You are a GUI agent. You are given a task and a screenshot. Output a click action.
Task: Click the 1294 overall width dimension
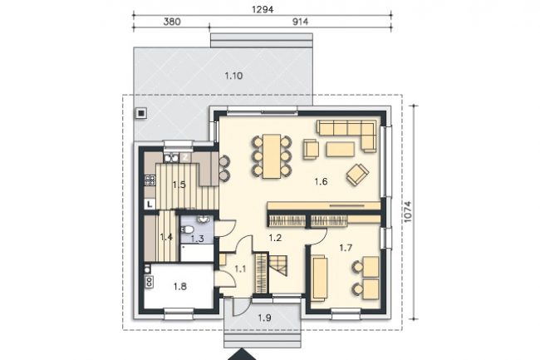click(263, 9)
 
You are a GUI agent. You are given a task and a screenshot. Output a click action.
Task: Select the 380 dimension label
click(172, 22)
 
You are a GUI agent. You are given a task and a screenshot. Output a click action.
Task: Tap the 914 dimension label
click(300, 22)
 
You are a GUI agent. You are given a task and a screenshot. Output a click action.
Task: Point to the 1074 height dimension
click(407, 211)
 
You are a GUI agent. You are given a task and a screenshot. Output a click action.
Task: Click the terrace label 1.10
click(233, 76)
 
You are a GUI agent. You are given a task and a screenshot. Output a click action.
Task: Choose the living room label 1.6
click(321, 181)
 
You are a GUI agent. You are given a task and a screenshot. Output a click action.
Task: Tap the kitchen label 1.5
click(179, 185)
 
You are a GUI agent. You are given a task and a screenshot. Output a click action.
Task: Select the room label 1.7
click(346, 248)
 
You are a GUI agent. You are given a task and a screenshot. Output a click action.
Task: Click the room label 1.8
click(179, 286)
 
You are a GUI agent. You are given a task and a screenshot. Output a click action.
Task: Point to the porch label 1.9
click(264, 318)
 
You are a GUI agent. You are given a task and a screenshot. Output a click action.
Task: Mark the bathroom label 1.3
click(198, 238)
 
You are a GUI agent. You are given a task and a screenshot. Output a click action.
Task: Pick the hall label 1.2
click(276, 237)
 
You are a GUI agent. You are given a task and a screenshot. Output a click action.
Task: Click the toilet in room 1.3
click(187, 229)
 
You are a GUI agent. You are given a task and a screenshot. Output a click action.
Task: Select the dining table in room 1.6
click(272, 156)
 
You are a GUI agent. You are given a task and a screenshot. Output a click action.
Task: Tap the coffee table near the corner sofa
click(341, 149)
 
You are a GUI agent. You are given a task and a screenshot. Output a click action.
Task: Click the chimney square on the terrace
click(141, 112)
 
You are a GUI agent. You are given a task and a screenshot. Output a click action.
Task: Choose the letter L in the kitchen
click(150, 204)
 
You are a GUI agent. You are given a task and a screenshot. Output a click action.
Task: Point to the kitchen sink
click(171, 158)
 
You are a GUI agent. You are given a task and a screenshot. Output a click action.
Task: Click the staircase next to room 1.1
click(279, 265)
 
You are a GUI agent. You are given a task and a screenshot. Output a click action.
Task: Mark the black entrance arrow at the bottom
click(243, 355)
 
